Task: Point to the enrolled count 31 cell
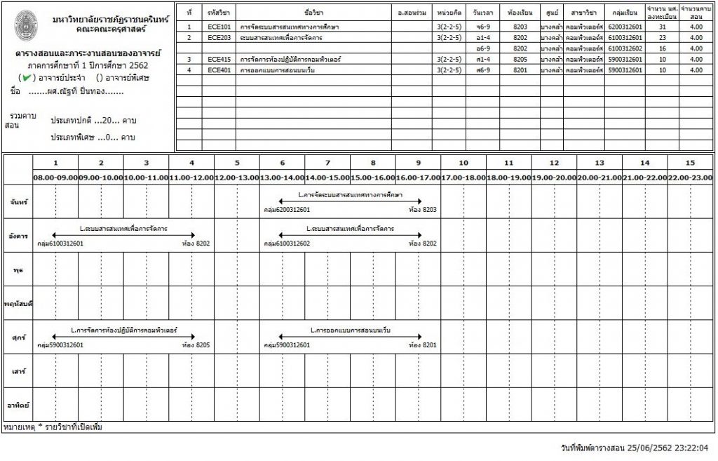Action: click(663, 26)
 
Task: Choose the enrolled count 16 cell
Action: click(663, 48)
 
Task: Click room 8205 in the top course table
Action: click(520, 60)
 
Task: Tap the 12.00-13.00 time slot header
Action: click(236, 178)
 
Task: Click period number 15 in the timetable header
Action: click(691, 163)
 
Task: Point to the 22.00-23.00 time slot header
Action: click(691, 178)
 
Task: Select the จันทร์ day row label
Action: click(18, 203)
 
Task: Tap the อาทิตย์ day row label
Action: click(18, 405)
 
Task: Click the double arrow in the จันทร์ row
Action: click(350, 201)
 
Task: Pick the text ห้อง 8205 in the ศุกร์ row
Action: click(196, 345)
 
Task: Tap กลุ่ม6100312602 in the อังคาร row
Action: click(287, 244)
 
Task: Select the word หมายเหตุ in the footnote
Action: click(18, 427)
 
